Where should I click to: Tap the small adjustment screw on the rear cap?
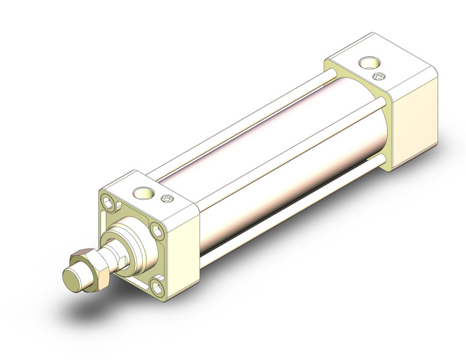point(378,76)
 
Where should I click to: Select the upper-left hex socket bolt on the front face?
point(109,203)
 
